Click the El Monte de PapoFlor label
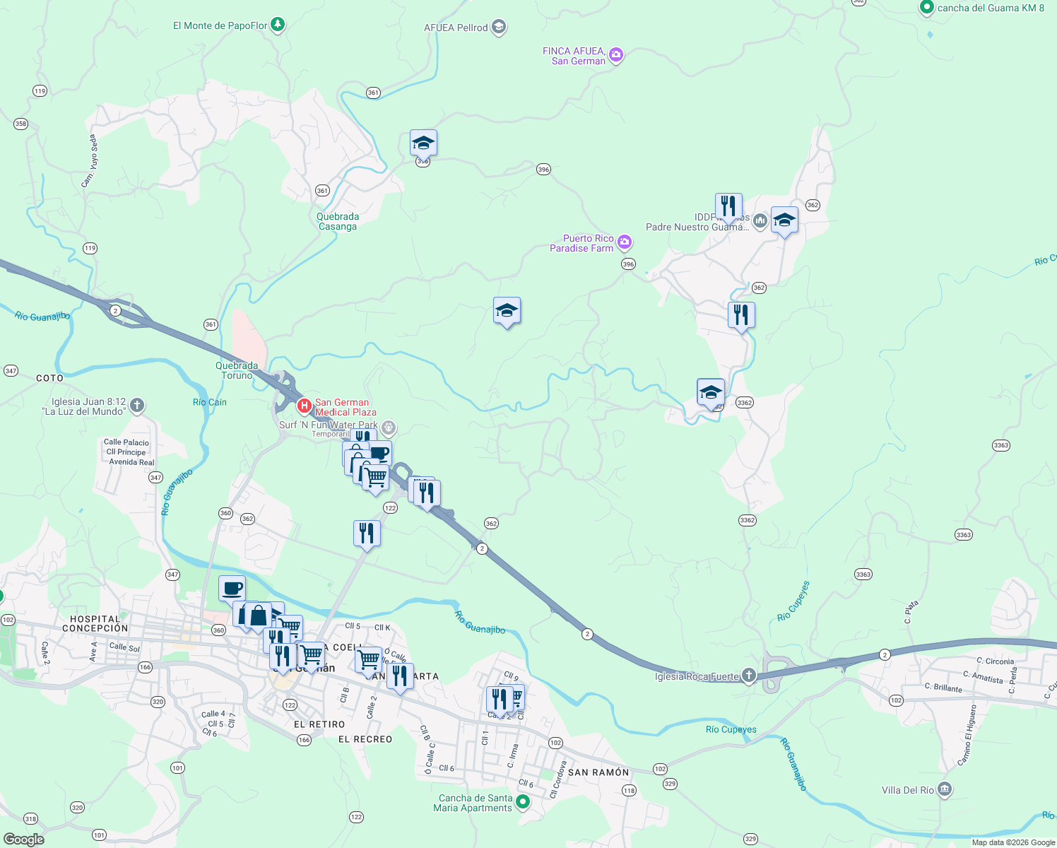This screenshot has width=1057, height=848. (220, 25)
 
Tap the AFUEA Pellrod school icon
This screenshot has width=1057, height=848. (499, 28)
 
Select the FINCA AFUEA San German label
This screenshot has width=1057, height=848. (574, 56)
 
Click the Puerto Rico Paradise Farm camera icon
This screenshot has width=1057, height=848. (624, 243)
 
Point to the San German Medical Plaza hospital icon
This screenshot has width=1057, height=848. (304, 406)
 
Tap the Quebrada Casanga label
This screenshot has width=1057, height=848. (338, 221)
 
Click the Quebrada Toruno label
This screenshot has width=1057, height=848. (237, 370)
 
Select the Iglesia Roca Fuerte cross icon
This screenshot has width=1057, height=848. (749, 676)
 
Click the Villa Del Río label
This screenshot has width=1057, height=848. (908, 790)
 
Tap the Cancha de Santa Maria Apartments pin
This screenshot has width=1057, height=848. (523, 801)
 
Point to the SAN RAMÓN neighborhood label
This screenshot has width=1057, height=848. (598, 772)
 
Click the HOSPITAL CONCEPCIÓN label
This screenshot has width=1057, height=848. (95, 623)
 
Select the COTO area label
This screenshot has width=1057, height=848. (49, 378)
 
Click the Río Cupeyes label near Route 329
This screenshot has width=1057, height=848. (731, 729)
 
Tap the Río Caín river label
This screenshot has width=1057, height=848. (210, 402)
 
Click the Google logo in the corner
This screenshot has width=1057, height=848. (23, 839)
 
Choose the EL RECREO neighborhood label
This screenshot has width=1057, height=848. (365, 739)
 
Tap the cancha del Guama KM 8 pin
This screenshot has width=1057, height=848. (927, 8)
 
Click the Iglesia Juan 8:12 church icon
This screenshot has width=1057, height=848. (137, 406)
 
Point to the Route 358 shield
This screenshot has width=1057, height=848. (20, 124)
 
